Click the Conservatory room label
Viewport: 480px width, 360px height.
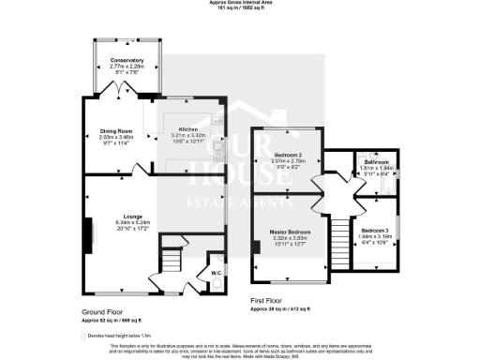tap(126, 60)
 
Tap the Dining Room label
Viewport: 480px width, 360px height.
tap(117, 131)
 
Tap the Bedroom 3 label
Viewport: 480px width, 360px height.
tap(375, 231)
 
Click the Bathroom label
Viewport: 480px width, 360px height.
tap(379, 161)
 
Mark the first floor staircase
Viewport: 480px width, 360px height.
tap(335, 238)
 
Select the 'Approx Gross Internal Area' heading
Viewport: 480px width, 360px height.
tap(240, 4)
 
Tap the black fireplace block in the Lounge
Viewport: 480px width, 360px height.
tap(90, 232)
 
